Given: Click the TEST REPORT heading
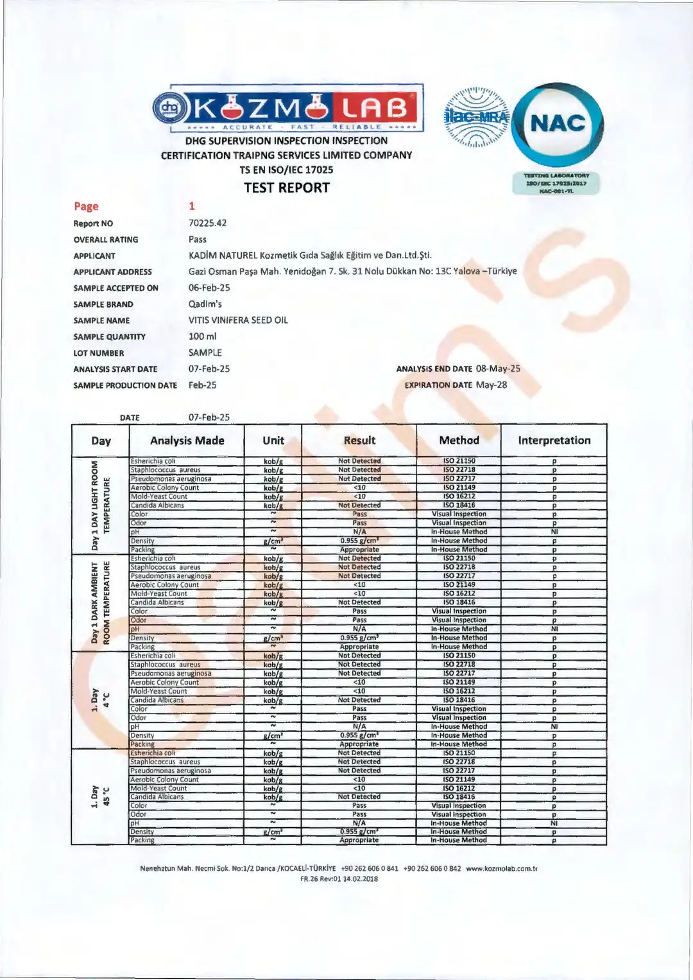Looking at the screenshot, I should (287, 188).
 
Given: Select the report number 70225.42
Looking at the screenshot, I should (207, 223).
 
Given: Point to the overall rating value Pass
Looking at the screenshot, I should (198, 239).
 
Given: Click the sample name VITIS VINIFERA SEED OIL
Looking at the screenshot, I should (238, 320).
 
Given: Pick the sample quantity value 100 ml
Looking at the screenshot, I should (202, 336).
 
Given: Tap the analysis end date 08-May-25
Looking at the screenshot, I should (498, 369).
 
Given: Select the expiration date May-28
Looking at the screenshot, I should (492, 385).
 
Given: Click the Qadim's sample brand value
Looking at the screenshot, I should (205, 304).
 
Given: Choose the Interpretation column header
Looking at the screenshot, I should (554, 441).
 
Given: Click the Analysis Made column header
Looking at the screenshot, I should (187, 441).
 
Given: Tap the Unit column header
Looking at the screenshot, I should (273, 441).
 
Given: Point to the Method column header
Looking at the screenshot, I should (459, 441).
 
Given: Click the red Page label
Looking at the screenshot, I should (86, 206).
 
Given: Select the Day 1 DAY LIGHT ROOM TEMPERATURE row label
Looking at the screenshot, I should (100, 505).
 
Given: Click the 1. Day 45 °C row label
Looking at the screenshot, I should (100, 796).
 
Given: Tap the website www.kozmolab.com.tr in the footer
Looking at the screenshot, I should (501, 868).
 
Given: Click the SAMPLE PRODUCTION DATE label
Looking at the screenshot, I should (125, 385).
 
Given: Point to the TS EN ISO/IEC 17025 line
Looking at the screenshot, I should (286, 170).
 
